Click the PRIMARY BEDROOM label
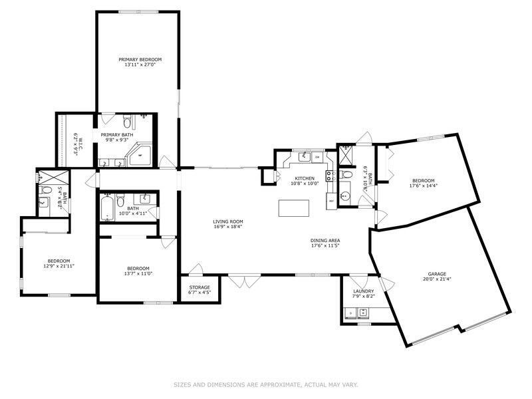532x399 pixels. tap(140, 59)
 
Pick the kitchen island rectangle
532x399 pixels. tap(292, 208)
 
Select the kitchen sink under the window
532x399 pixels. tap(304, 158)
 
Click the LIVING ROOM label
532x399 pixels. tap(228, 221)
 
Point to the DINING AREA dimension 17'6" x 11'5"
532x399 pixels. tap(325, 245)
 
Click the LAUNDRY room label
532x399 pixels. tap(363, 291)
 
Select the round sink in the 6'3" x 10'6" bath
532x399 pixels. tap(344, 196)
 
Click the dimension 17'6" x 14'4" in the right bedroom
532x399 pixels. tap(423, 186)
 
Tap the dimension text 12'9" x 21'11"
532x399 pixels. tap(59, 265)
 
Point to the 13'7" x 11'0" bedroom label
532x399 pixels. tap(139, 269)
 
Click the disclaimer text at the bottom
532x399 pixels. tap(266, 384)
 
